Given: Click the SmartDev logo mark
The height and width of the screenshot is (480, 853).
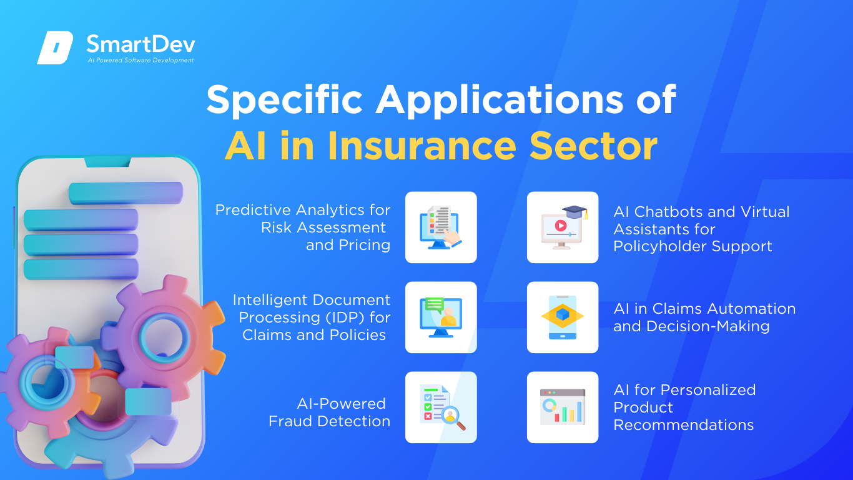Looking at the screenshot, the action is pyautogui.click(x=55, y=47).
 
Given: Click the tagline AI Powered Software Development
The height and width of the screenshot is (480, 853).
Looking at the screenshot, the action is pyautogui.click(x=141, y=60).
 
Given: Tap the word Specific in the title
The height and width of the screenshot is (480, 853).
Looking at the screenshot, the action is pyautogui.click(x=285, y=100).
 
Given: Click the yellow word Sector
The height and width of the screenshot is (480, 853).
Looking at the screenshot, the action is pyautogui.click(x=593, y=147).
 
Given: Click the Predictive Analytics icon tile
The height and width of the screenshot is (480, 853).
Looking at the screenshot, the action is pyautogui.click(x=441, y=227).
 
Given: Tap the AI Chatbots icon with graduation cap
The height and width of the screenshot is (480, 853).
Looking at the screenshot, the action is pyautogui.click(x=563, y=227).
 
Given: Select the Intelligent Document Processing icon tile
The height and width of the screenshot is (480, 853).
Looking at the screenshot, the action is pyautogui.click(x=441, y=317).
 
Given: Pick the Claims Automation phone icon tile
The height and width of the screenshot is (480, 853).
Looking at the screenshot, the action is pyautogui.click(x=563, y=317).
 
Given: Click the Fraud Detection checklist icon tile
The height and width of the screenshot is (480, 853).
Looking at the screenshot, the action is pyautogui.click(x=441, y=407).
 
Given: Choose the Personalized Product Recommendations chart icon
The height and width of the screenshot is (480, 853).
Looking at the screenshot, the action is pyautogui.click(x=563, y=407).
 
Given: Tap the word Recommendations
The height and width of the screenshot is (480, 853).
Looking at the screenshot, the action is pyautogui.click(x=684, y=425).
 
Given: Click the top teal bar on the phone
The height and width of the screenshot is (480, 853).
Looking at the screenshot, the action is pyautogui.click(x=126, y=192).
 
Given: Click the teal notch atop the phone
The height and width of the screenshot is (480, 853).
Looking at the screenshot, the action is pyautogui.click(x=107, y=161).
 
